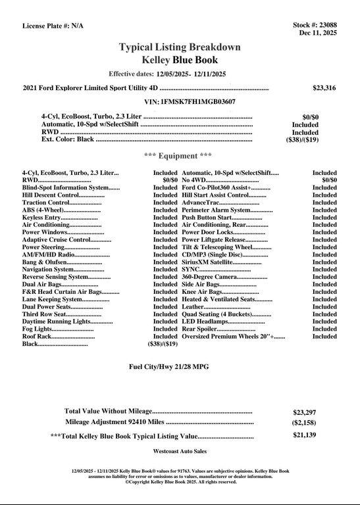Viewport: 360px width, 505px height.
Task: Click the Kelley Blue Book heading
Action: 180,60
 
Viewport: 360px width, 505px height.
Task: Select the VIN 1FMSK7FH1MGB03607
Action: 190,102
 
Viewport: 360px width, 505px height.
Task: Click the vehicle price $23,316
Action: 324,87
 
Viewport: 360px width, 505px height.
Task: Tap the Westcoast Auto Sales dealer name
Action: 180,452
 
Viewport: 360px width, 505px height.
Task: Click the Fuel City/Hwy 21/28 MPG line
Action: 180,366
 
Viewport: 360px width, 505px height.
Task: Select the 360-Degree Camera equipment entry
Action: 211,277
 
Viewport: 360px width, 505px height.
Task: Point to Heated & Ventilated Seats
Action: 218,299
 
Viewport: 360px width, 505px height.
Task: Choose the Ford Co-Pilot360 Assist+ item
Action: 217,187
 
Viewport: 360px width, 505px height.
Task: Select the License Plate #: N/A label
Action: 53,26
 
